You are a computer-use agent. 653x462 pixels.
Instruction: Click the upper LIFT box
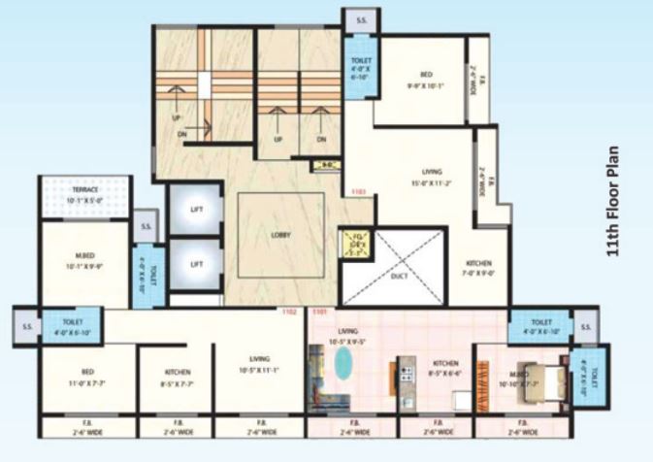coord(196,208)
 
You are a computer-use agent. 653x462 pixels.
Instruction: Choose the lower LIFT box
coord(196,264)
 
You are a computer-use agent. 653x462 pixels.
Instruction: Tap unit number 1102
coord(288,313)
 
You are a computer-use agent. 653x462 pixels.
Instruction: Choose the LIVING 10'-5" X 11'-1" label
coord(258,362)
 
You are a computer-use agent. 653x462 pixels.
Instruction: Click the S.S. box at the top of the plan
coord(360,19)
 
